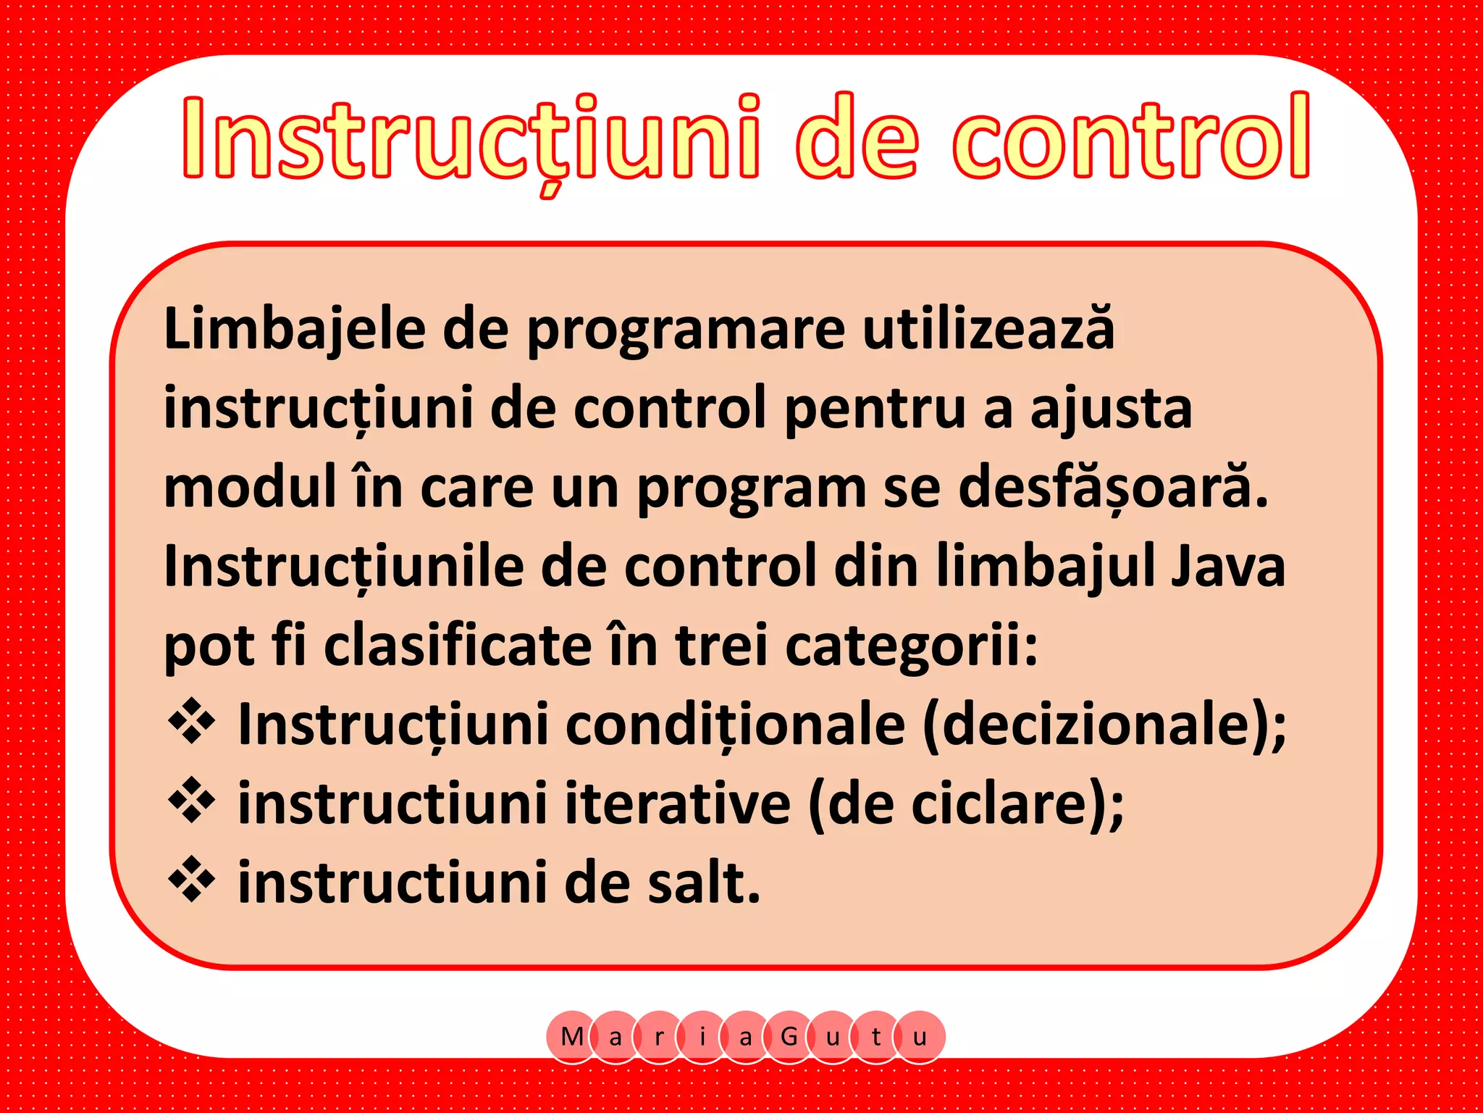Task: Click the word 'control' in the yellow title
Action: click(x=1131, y=138)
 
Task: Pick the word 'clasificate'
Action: click(x=458, y=646)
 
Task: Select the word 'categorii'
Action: click(x=911, y=647)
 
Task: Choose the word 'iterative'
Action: click(x=678, y=804)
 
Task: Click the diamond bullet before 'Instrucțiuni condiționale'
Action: click(x=192, y=722)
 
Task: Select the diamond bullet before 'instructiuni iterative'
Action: click(x=192, y=801)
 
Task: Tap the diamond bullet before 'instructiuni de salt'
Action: click(x=192, y=880)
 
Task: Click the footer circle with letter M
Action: click(x=573, y=1037)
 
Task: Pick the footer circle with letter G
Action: click(x=789, y=1037)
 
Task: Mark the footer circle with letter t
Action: click(x=876, y=1037)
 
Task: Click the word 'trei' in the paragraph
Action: click(x=721, y=646)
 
